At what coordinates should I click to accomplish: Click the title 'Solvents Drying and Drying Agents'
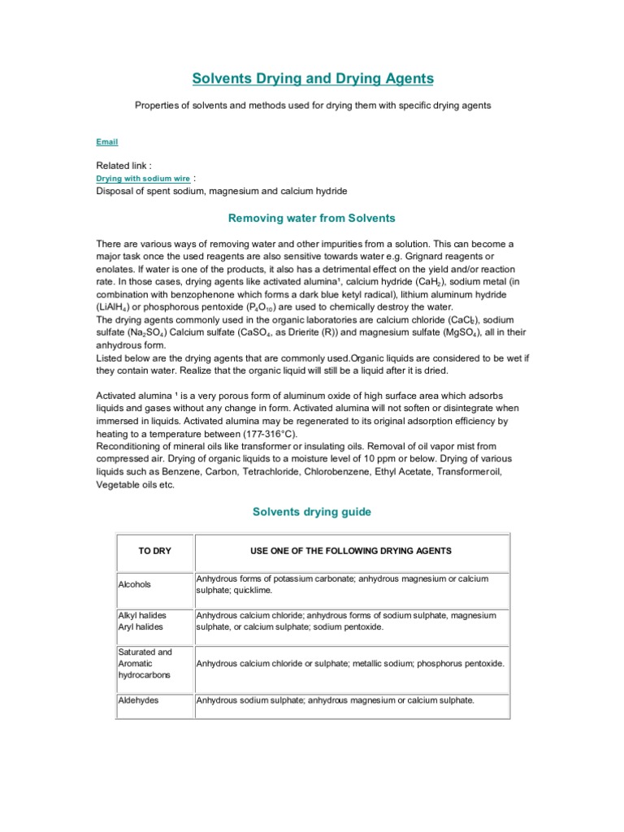coord(312,79)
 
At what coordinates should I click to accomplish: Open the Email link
coord(107,142)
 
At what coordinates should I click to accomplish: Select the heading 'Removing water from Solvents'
coord(312,218)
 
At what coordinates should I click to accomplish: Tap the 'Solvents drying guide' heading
coord(312,512)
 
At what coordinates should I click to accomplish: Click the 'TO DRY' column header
coord(154,551)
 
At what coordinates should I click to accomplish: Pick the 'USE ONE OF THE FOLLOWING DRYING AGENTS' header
coord(351,551)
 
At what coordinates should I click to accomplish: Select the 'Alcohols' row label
coord(135,584)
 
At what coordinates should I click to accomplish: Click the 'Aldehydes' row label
coord(137,700)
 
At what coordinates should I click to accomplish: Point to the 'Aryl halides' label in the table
coord(141,627)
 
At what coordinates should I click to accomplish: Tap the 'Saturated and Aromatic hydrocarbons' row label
coord(145,663)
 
